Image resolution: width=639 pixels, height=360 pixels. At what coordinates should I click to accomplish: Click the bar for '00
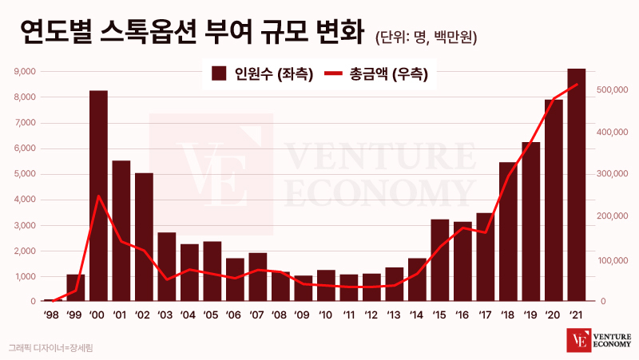click(98, 196)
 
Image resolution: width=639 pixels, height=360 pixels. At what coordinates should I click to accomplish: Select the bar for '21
click(576, 185)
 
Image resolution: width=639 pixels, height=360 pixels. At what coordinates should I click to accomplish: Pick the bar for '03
click(167, 267)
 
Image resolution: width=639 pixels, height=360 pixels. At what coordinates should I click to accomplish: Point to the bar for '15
click(439, 260)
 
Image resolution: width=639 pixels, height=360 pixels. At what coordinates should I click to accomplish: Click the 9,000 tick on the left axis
click(26, 72)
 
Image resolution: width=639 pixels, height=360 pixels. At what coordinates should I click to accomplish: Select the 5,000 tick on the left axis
click(26, 174)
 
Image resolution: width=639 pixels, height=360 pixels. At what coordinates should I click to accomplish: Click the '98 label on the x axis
click(51, 315)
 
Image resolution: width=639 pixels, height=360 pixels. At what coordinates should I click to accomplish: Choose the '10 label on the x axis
click(325, 315)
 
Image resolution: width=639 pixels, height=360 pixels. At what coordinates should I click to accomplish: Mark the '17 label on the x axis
click(485, 315)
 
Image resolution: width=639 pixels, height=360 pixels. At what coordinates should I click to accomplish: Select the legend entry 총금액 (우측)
click(376, 74)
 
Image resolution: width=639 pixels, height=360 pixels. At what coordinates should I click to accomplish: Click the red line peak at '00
click(98, 196)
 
